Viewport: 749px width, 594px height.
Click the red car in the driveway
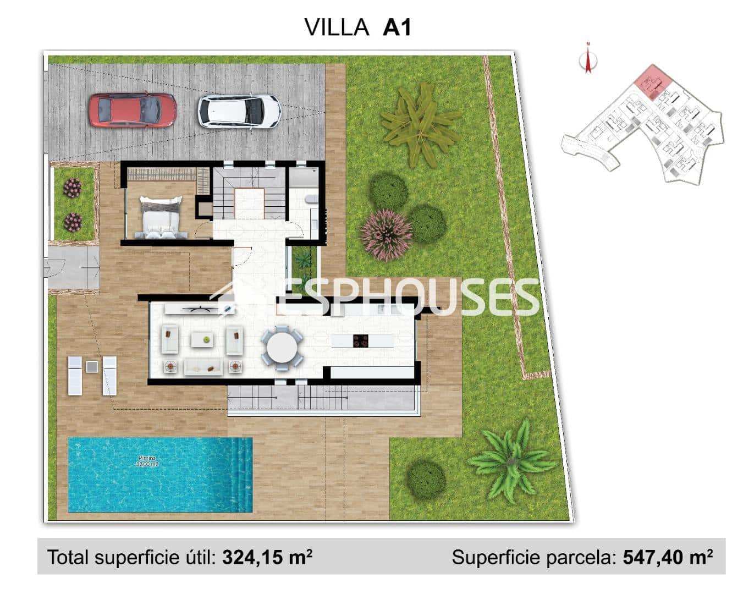[133, 110]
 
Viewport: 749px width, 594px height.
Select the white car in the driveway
[239, 112]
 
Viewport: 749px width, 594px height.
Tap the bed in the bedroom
[161, 218]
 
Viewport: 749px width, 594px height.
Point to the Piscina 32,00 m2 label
[147, 461]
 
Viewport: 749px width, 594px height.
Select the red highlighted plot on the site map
[653, 81]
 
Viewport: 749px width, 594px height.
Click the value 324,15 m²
[267, 557]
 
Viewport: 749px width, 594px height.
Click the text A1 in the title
[396, 27]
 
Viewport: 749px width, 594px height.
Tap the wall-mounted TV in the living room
[199, 309]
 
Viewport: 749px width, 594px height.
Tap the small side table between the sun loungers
[92, 366]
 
